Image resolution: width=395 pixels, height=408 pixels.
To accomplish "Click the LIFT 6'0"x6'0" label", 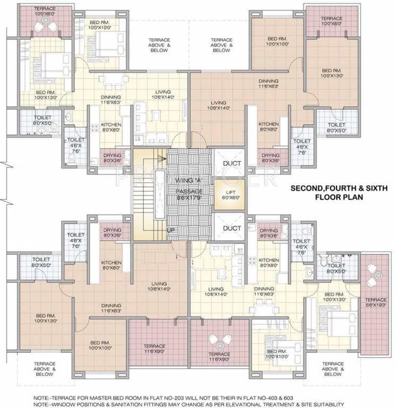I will (229, 193).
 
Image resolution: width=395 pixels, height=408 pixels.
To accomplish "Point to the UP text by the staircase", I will (171, 230).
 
